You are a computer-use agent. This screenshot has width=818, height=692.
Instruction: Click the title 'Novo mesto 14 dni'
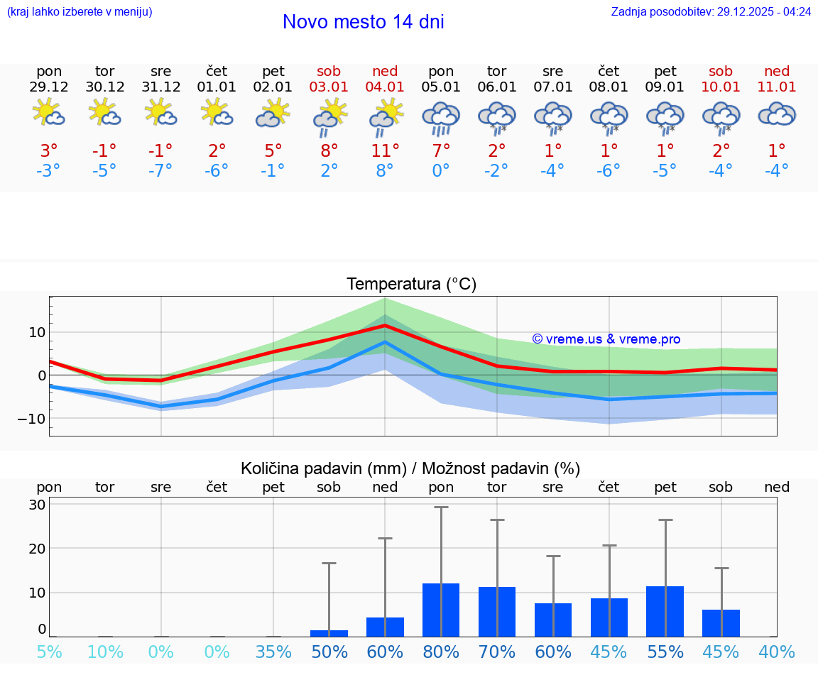click(x=363, y=22)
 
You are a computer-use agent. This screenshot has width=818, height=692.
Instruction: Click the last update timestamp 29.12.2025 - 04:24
click(x=710, y=11)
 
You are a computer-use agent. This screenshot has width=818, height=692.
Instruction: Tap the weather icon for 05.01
click(x=441, y=117)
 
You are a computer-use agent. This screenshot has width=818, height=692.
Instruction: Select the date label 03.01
click(x=329, y=87)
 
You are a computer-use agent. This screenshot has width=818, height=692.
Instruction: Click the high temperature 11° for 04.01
click(x=385, y=150)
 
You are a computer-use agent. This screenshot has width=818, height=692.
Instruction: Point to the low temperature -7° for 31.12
click(x=161, y=171)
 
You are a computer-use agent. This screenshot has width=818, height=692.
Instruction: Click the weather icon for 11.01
click(x=777, y=115)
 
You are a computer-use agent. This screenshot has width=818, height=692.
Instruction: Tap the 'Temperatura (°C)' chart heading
click(x=411, y=285)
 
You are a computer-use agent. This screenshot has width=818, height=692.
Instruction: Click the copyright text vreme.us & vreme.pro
click(x=606, y=339)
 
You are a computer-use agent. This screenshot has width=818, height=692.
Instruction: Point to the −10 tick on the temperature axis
click(x=31, y=419)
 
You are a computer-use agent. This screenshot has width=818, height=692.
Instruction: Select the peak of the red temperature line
click(x=385, y=325)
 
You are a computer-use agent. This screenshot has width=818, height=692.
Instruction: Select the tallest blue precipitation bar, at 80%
click(x=441, y=610)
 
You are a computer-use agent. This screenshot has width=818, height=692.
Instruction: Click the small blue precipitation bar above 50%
click(x=329, y=633)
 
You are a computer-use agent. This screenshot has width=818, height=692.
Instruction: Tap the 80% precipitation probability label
click(x=441, y=652)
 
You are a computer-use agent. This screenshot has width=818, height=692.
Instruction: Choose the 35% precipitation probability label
click(x=273, y=652)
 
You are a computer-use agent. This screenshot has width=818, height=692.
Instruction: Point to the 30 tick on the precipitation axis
click(x=38, y=505)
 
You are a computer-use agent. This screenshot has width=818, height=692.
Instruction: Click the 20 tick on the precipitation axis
click(x=38, y=549)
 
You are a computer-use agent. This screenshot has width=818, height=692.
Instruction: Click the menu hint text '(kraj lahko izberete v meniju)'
click(x=80, y=11)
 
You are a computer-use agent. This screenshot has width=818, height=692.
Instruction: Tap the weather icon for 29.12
click(x=49, y=114)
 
